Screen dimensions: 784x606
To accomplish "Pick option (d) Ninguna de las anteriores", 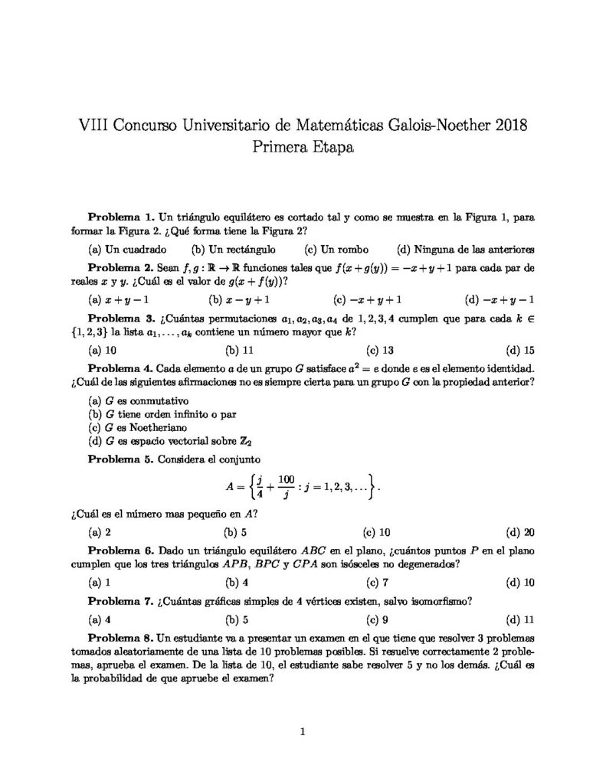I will tap(466, 249).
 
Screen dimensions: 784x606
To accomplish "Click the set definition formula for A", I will tap(303, 485).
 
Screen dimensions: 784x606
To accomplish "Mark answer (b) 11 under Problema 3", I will tap(238, 351).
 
